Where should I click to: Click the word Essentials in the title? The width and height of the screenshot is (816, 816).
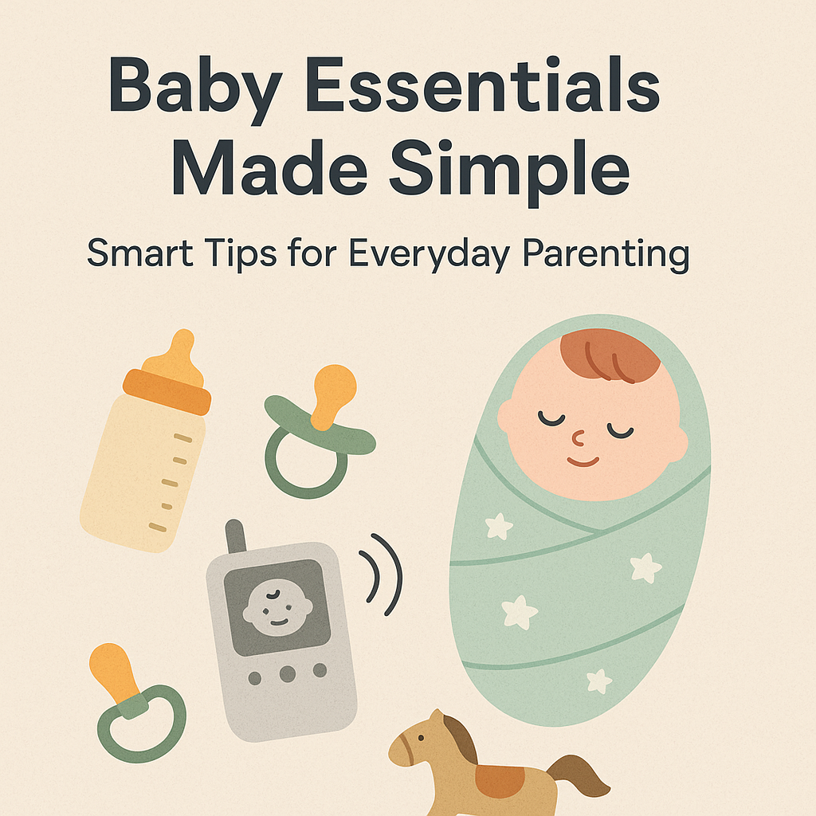tap(482, 84)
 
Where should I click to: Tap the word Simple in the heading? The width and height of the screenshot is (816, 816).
tap(510, 169)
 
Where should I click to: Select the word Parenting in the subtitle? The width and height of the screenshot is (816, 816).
tap(606, 254)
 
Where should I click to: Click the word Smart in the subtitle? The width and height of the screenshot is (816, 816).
tap(140, 253)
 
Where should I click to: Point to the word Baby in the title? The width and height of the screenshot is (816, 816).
tap(196, 88)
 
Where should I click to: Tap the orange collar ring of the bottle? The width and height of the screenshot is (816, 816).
tap(167, 391)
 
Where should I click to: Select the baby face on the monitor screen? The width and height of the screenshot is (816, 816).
tap(277, 606)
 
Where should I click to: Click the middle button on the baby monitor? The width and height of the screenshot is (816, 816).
tap(287, 674)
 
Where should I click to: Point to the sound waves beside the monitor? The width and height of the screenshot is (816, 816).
tap(382, 575)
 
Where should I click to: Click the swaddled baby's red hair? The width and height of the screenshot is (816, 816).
tap(609, 355)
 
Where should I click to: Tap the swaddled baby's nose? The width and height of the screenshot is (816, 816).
tap(579, 439)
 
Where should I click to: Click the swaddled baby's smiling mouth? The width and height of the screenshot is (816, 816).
tap(583, 461)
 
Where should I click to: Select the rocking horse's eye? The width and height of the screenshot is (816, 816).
tap(421, 738)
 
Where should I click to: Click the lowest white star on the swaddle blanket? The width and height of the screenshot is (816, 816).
tap(599, 681)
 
